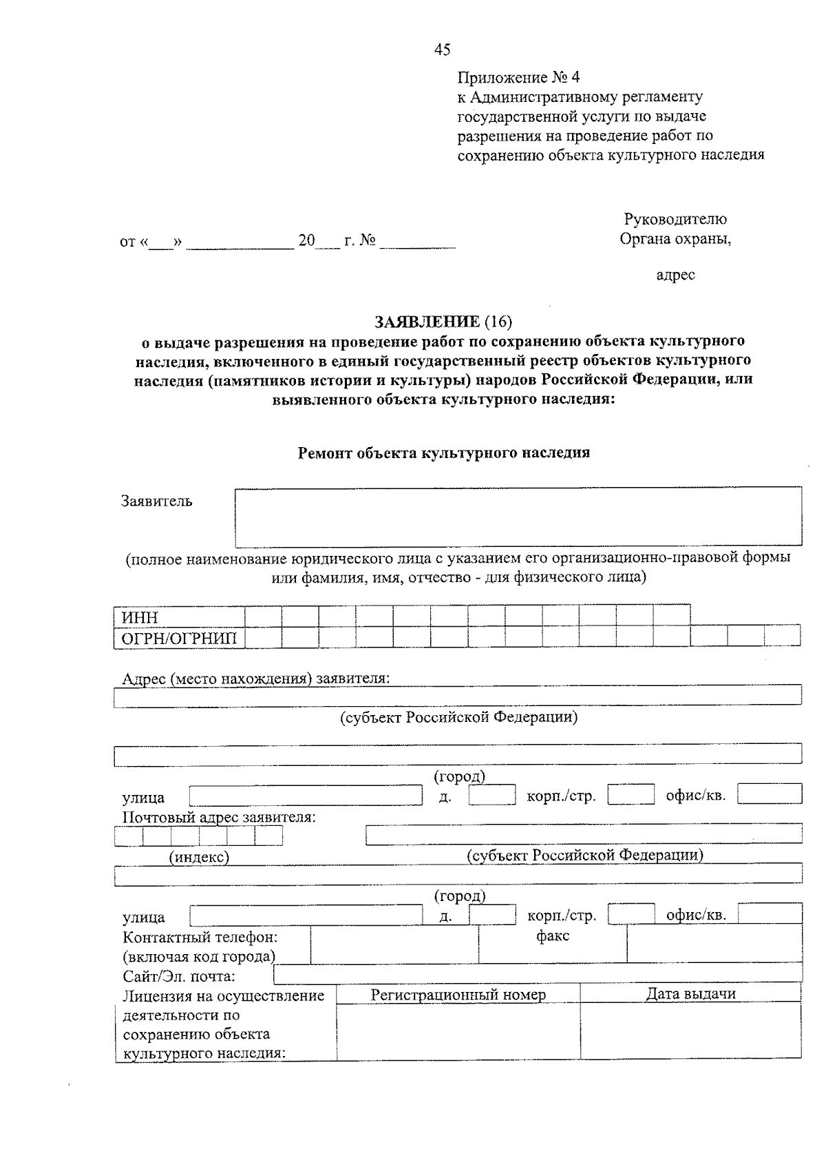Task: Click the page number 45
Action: pyautogui.click(x=443, y=49)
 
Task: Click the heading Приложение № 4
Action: pyautogui.click(x=513, y=77)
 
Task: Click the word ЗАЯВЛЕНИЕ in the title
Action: pyautogui.click(x=427, y=322)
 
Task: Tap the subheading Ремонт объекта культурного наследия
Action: pyautogui.click(x=443, y=453)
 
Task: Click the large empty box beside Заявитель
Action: pyautogui.click(x=518, y=517)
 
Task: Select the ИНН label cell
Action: pyautogui.click(x=178, y=617)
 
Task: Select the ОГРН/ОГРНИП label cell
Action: pyautogui.click(x=178, y=638)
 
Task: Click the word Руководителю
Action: pyautogui.click(x=675, y=220)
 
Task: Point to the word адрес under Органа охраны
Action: pyautogui.click(x=675, y=276)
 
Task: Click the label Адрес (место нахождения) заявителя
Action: pyautogui.click(x=255, y=679)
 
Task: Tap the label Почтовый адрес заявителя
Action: pyautogui.click(x=219, y=818)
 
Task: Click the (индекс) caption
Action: pyautogui.click(x=199, y=857)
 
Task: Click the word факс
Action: pyautogui.click(x=553, y=936)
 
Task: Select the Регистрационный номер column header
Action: pyautogui.click(x=458, y=995)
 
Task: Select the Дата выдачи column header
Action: pyautogui.click(x=690, y=993)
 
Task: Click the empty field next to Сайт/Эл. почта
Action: pyautogui.click(x=537, y=973)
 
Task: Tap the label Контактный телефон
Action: pyautogui.click(x=200, y=938)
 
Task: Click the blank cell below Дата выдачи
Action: pyautogui.click(x=690, y=1030)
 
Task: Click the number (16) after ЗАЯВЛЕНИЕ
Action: pyautogui.click(x=498, y=322)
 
